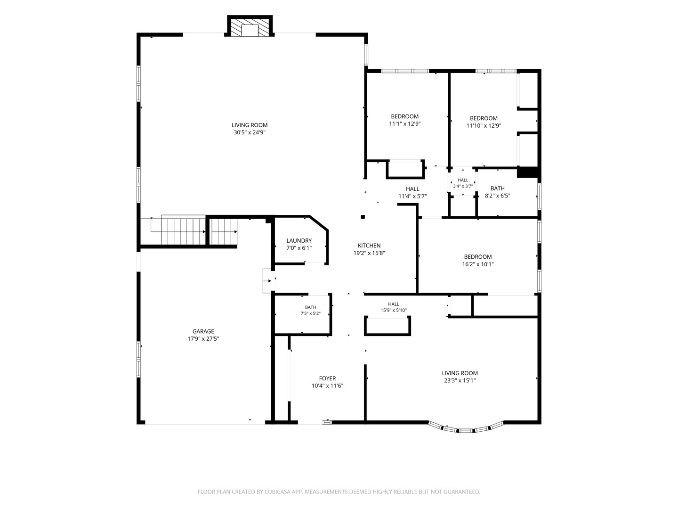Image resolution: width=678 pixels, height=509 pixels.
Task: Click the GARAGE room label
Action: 203,331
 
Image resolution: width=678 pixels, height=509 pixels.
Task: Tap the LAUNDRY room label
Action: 299,240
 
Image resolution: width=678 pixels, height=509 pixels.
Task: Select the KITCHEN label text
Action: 369,246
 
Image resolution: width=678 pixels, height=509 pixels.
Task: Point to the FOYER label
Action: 327,378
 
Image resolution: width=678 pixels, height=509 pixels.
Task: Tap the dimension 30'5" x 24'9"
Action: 250,132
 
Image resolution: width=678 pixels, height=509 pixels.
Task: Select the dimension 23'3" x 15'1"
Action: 460,380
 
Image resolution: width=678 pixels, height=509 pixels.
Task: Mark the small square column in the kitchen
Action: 363,217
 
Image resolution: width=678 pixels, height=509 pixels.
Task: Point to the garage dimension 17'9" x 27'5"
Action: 203,339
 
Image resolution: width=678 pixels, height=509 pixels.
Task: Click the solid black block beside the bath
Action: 528,172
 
